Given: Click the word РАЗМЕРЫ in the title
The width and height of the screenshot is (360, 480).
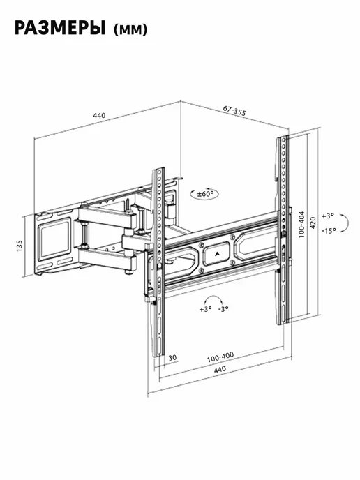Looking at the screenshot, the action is coord(60,28).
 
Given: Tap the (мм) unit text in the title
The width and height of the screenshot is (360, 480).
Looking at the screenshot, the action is coord(130,30).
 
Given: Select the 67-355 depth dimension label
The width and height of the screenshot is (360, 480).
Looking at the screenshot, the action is coord(234,110).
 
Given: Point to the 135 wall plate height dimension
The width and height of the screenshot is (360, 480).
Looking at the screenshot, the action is coord(20,246).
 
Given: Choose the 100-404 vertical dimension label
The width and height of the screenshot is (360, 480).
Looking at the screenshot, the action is coord(301,225).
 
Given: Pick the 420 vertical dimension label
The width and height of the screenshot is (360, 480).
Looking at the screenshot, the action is coord(313,223).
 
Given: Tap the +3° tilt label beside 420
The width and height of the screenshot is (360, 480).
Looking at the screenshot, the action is coord(327,216).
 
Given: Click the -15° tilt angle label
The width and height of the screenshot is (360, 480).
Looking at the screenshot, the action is coord(329,230).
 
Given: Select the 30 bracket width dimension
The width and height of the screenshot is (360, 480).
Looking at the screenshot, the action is coord(172,357).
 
